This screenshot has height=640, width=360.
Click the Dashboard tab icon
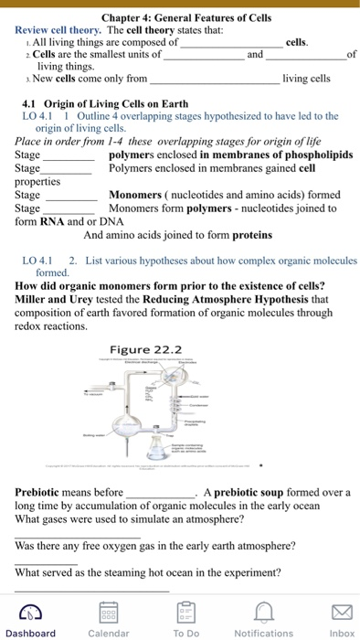29,612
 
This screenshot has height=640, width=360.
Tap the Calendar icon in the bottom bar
108,612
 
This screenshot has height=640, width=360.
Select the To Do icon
185,612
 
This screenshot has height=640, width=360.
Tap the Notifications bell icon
263,612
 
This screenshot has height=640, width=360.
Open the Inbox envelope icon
342,612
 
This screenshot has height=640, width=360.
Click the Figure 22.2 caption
145,350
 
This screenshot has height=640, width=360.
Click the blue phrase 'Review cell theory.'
58,30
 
